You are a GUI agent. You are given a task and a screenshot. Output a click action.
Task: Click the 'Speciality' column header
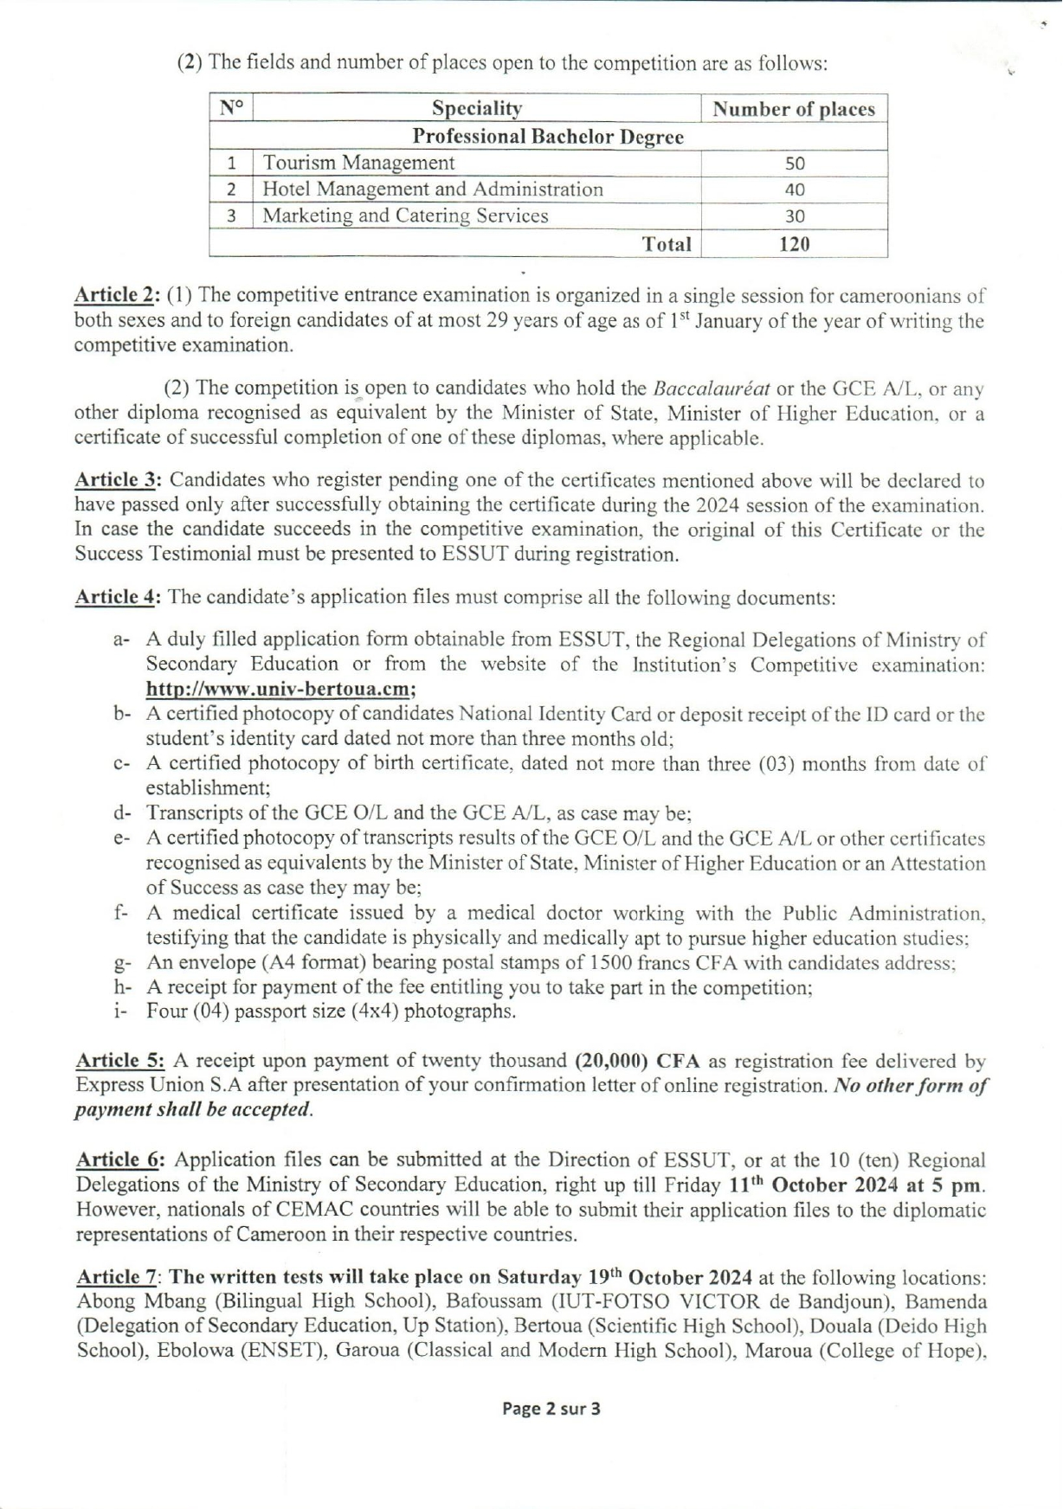pyautogui.click(x=476, y=109)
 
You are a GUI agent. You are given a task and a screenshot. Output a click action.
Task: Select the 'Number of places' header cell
pyautogui.click(x=793, y=109)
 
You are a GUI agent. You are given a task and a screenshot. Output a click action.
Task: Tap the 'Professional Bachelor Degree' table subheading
pyautogui.click(x=547, y=137)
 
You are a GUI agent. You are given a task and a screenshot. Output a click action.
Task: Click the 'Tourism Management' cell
pyautogui.click(x=358, y=163)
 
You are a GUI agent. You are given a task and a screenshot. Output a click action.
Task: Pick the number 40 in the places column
pyautogui.click(x=794, y=189)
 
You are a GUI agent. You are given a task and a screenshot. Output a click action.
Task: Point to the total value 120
pyautogui.click(x=794, y=244)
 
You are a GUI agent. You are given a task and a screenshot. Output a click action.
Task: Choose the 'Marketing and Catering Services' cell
pyautogui.click(x=405, y=215)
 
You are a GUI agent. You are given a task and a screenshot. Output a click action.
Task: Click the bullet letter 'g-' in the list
pyautogui.click(x=121, y=963)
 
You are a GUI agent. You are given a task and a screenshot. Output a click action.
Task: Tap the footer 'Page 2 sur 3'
pyautogui.click(x=551, y=1409)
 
